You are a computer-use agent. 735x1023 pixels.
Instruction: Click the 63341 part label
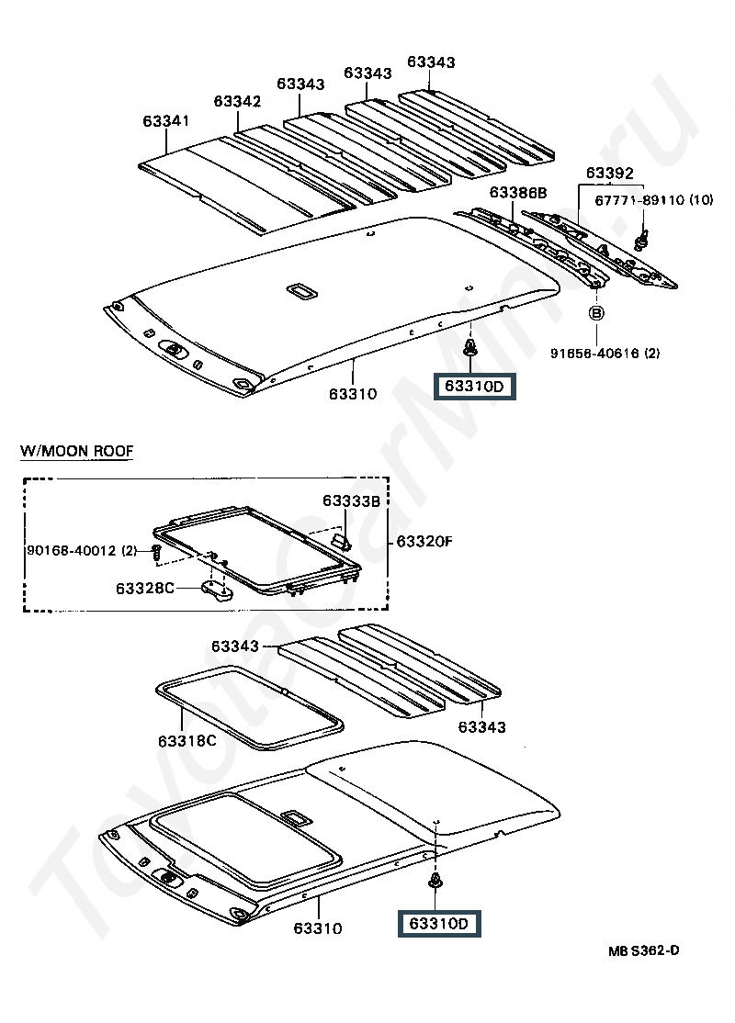[x=165, y=121]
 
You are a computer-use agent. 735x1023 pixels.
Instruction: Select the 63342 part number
[x=238, y=101]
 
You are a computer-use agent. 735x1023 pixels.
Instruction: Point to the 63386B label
[x=517, y=192]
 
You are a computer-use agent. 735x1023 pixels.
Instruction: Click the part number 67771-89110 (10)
[x=653, y=200]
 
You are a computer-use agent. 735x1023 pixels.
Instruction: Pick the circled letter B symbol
[x=595, y=314]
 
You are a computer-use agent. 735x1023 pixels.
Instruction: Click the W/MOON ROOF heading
[x=76, y=451]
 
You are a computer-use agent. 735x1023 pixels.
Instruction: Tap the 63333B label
[x=350, y=500]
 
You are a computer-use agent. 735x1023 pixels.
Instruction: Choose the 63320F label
[x=424, y=541]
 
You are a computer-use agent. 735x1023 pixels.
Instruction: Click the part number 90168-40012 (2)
[x=81, y=550]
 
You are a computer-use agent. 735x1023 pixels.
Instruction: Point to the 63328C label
[x=145, y=586]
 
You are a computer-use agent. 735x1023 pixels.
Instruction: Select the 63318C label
[x=186, y=740]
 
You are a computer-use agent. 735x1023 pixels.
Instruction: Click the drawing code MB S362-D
[x=642, y=950]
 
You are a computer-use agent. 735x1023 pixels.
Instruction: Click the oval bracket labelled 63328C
[x=216, y=590]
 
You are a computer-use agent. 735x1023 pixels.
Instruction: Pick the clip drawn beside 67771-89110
[x=639, y=241]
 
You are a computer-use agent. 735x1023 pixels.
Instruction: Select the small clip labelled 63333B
[x=342, y=541]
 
